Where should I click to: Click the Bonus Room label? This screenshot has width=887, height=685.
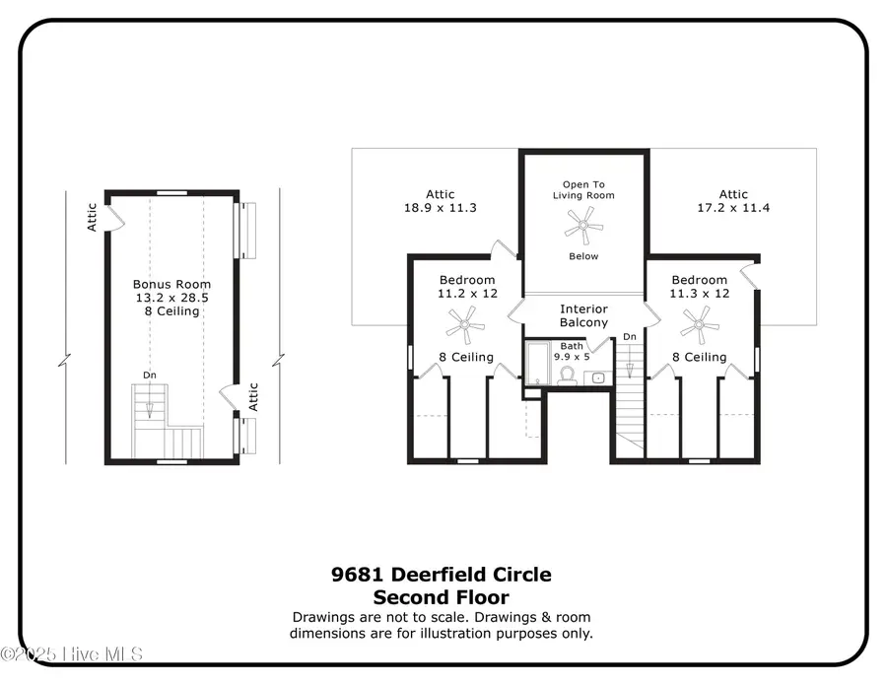pyautogui.click(x=171, y=284)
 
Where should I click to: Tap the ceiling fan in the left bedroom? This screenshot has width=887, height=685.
pyautogui.click(x=465, y=325)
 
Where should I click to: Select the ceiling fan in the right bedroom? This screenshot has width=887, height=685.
pyautogui.click(x=699, y=325)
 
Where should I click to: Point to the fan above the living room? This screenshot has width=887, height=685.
pyautogui.click(x=583, y=226)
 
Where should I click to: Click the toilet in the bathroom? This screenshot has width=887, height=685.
pyautogui.click(x=567, y=376)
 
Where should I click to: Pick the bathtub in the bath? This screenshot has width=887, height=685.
pyautogui.click(x=537, y=363)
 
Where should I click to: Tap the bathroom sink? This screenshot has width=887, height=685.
pyautogui.click(x=598, y=377)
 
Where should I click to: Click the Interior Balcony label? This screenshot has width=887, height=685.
pyautogui.click(x=583, y=315)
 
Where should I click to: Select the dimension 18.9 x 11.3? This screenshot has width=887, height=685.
pyautogui.click(x=441, y=208)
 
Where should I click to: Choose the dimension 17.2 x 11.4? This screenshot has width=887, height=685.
pyautogui.click(x=733, y=208)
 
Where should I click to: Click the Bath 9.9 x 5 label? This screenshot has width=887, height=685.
pyautogui.click(x=572, y=351)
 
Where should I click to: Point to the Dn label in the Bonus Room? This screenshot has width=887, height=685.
pyautogui.click(x=150, y=375)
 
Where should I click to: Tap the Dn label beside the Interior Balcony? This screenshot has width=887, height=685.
pyautogui.click(x=630, y=336)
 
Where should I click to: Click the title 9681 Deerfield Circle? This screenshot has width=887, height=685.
pyautogui.click(x=442, y=575)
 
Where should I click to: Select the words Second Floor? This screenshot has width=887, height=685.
pyautogui.click(x=442, y=597)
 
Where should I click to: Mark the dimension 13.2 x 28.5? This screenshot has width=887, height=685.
pyautogui.click(x=171, y=298)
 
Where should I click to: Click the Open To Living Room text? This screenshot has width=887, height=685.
pyautogui.click(x=583, y=190)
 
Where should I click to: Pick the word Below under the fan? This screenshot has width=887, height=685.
pyautogui.click(x=583, y=256)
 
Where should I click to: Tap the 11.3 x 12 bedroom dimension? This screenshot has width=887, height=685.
pyautogui.click(x=700, y=294)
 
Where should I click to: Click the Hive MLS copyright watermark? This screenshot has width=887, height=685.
pyautogui.click(x=71, y=654)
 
